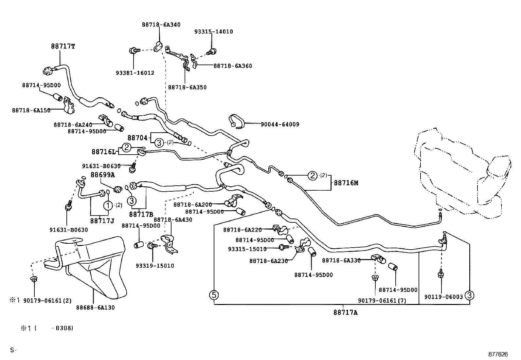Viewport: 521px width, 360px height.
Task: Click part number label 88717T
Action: tap(63, 47)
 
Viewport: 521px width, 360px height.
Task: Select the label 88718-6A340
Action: tap(161, 25)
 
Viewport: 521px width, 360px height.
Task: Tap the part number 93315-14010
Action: tap(213, 32)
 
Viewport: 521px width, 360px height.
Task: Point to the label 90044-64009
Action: tap(280, 124)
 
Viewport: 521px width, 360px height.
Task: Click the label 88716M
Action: tap(346, 183)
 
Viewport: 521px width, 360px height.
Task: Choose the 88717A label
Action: tap(346, 313)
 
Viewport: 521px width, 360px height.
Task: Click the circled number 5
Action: tap(214, 295)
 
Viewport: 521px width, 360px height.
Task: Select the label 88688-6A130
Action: tap(96, 308)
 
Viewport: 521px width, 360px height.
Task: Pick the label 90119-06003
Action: tap(443, 297)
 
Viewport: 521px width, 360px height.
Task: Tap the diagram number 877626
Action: tap(498, 354)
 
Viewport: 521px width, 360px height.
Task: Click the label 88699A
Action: tap(103, 175)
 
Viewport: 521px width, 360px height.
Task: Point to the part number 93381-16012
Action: tap(135, 73)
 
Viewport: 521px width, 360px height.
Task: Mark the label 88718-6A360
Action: tap(233, 66)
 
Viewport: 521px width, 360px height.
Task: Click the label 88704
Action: tap(137, 138)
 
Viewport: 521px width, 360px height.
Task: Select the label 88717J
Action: tap(102, 220)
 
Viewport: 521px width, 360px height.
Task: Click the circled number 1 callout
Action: tap(108, 205)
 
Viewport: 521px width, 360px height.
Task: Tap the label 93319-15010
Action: tap(155, 266)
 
